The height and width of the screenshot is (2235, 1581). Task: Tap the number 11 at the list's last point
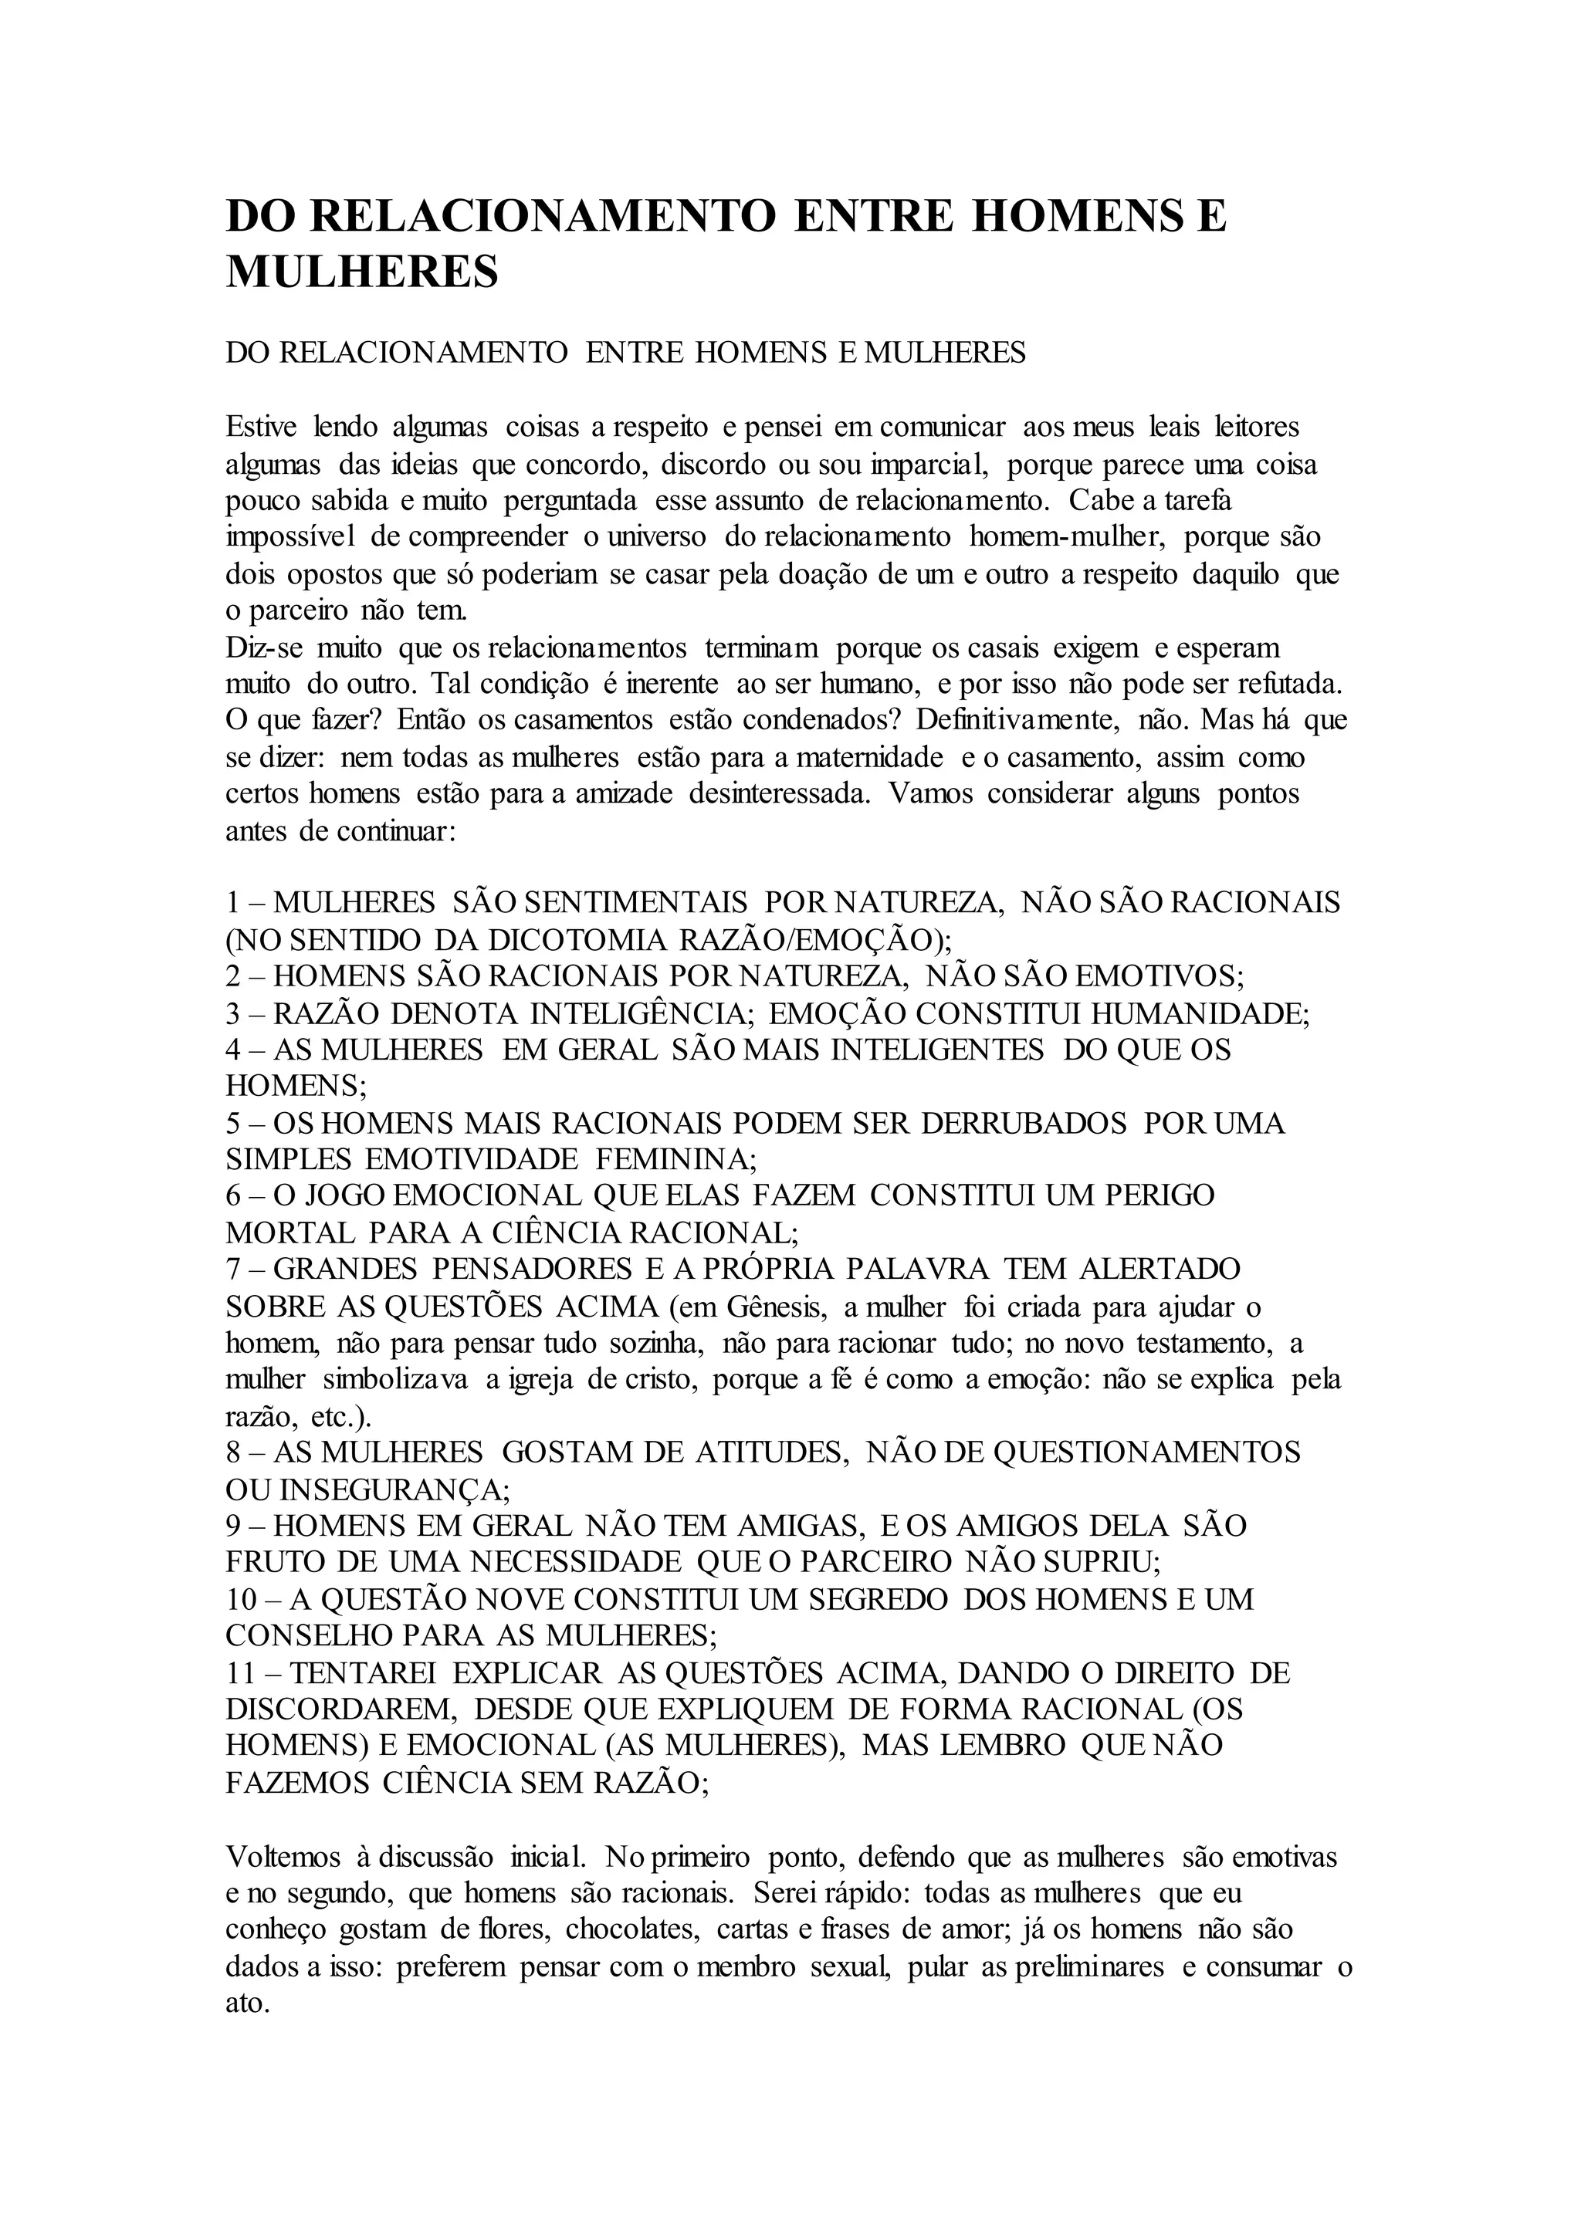coord(239,1673)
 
